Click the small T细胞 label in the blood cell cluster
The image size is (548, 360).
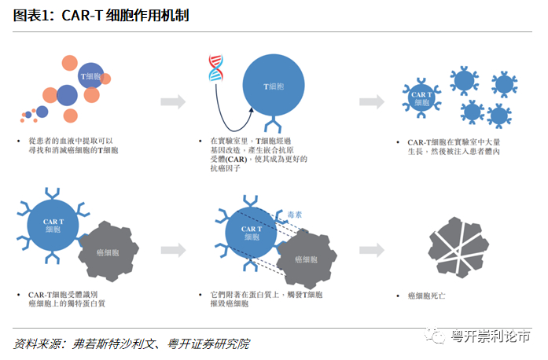[x=91, y=76]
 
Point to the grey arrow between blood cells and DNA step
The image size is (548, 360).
[x=173, y=102]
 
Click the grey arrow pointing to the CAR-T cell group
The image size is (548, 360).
[x=372, y=102]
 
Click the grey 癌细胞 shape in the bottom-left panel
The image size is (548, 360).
[x=108, y=252]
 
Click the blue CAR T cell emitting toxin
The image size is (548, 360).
[x=250, y=230]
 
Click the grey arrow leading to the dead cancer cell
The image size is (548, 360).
[x=372, y=249]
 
